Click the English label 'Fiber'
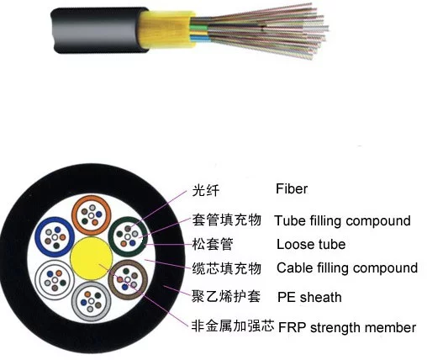click(292, 189)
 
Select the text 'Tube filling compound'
click(343, 221)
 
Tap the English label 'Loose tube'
click(311, 244)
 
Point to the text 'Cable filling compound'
click(347, 267)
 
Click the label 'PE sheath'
click(309, 297)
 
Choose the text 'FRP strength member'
click(347, 327)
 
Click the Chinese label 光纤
click(206, 190)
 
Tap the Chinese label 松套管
click(213, 244)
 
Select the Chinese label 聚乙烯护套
click(226, 296)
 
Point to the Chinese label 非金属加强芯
click(233, 326)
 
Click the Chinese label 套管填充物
click(227, 220)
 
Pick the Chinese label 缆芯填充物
click(227, 268)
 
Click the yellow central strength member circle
click(92, 258)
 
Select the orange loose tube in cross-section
click(74, 215)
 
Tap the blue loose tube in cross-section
click(38, 237)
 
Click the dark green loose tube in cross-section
click(111, 237)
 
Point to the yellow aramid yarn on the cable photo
click(166, 29)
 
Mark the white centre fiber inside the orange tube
click(91, 216)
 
